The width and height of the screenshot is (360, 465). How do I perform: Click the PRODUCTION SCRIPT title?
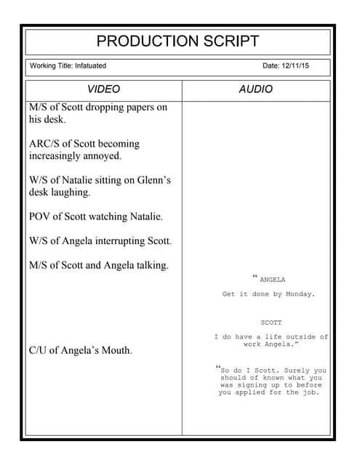177,41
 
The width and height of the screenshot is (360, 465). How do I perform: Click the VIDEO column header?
103,89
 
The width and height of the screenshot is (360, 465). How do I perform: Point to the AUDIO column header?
256,89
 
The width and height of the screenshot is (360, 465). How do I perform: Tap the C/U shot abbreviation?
39,350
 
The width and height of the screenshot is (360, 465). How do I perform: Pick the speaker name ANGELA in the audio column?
272,280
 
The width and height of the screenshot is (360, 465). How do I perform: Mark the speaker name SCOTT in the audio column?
271,322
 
